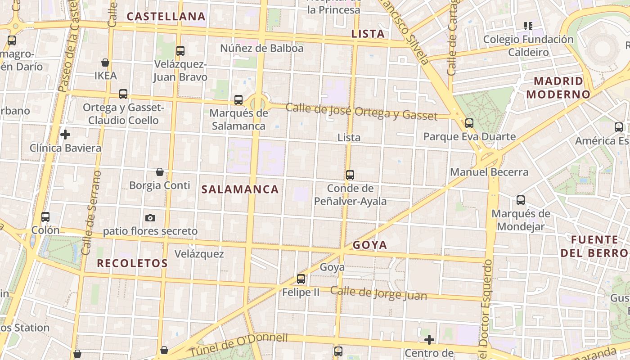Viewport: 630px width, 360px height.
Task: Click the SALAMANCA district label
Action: coord(240,189)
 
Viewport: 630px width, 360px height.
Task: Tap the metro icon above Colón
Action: coord(45,217)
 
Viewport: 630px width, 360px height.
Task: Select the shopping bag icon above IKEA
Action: coord(105,63)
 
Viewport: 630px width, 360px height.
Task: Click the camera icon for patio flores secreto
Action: coord(150,218)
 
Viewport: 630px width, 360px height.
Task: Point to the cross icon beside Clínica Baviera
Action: coord(65,135)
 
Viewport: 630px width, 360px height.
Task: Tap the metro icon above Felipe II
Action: coord(301,279)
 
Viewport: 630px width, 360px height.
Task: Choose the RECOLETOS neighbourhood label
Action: coord(132,263)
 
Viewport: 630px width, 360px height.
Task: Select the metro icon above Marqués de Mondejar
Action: coord(521,200)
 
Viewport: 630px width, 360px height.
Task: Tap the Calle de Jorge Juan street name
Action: coord(378,293)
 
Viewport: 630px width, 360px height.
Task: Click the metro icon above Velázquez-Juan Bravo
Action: coord(180,51)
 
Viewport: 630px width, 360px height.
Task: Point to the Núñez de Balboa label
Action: coord(261,48)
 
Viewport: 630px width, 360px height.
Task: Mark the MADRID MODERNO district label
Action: coord(558,88)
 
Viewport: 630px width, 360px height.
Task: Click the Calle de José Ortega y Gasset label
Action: coord(361,112)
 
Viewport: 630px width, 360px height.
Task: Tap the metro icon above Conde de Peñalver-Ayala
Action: coord(350,175)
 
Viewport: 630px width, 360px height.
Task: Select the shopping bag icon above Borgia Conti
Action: coord(160,172)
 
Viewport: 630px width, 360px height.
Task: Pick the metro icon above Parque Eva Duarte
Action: coord(469,123)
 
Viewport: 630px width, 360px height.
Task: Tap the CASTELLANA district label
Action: coord(166,17)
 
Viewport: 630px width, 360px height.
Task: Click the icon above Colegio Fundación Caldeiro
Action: coord(528,26)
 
